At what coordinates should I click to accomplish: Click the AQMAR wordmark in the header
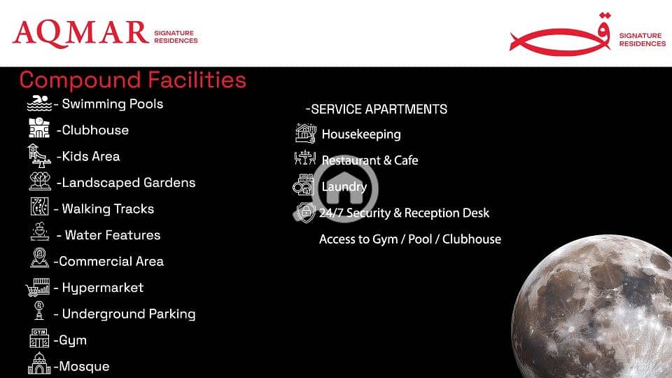(x=80, y=34)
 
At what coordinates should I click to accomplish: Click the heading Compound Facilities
(x=132, y=80)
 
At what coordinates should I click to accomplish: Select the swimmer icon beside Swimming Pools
(x=39, y=104)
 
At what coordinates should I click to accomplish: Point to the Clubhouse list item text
(x=92, y=130)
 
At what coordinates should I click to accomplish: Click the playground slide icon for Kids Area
(x=39, y=155)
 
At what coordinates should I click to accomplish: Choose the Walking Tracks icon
(x=39, y=206)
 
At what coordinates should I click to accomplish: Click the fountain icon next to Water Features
(x=39, y=232)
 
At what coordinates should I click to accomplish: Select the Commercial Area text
(x=111, y=261)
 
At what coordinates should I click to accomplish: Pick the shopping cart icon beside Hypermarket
(x=38, y=287)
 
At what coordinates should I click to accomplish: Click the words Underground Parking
(x=129, y=314)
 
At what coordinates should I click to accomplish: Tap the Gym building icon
(x=39, y=338)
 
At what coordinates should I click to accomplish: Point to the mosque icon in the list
(x=39, y=363)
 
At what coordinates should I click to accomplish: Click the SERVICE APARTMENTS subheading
(x=377, y=109)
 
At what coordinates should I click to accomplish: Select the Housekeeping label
(x=361, y=134)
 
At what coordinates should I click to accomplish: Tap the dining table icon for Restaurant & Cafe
(x=305, y=158)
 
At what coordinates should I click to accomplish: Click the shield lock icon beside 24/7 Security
(x=306, y=212)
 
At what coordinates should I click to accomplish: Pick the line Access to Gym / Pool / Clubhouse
(x=410, y=239)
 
